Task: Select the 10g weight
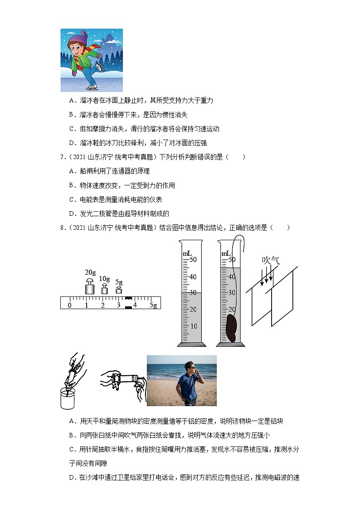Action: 104,289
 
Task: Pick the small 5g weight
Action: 119,290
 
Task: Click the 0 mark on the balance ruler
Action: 69,305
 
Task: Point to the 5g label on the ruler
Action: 153,305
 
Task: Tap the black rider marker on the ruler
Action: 128,303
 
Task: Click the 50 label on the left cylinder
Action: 193,260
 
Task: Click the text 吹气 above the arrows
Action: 271,261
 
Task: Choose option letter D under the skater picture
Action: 71,143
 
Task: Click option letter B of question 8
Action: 71,435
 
